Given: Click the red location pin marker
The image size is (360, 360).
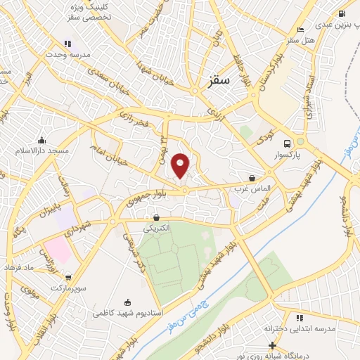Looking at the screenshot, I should (x=181, y=165).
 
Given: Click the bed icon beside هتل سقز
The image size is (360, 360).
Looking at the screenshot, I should (x=301, y=30).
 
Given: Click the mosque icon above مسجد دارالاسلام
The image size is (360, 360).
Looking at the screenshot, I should (x=43, y=139).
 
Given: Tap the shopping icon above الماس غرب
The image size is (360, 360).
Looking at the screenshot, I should (x=252, y=177).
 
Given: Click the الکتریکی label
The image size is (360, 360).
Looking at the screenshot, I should (x=156, y=229).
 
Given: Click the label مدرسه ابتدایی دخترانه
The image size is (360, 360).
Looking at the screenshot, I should (x=301, y=329).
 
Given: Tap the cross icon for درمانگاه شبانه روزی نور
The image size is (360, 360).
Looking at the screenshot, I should (x=272, y=345).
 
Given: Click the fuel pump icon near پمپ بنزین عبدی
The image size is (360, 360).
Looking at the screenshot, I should (x=342, y=13).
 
